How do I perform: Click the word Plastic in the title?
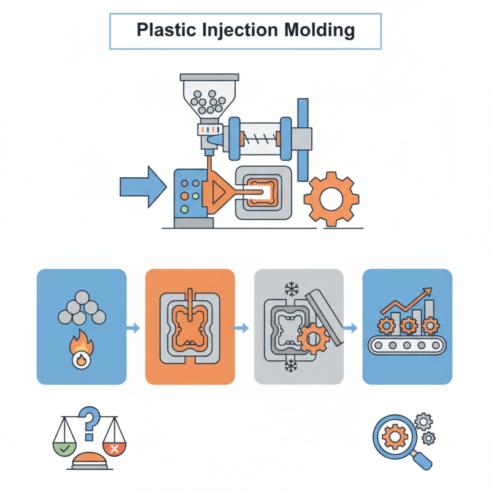[x=161, y=30]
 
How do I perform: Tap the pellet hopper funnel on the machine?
[x=209, y=98]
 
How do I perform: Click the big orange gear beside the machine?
[x=332, y=198]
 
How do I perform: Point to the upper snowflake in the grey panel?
[x=289, y=289]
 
